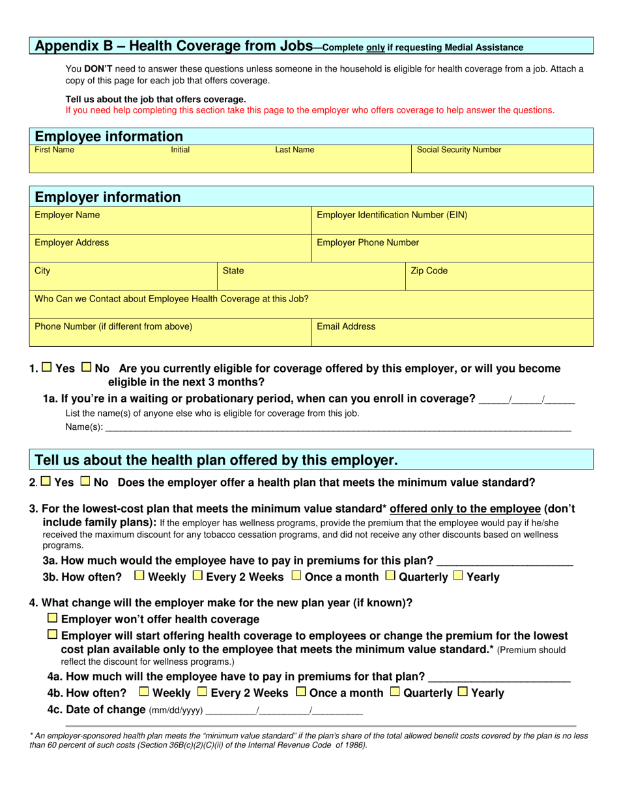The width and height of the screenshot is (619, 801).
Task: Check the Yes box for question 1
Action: [47, 367]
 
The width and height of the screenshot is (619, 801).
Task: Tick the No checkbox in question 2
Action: [85, 482]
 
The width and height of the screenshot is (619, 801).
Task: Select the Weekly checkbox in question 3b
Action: [139, 576]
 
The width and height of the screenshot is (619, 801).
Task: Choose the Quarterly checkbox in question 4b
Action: [394, 692]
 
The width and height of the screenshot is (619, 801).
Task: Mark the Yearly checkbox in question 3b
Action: [458, 576]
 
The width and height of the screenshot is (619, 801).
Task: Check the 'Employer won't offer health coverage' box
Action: [53, 618]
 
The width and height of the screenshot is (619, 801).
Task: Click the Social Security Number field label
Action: [459, 150]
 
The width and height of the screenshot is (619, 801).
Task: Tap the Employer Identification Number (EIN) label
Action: [392, 214]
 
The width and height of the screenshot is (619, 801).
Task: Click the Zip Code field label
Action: [429, 270]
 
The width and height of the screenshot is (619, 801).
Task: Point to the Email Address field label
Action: [345, 326]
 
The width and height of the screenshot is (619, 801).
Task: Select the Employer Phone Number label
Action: [367, 242]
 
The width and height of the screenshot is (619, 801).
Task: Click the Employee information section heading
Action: [109, 136]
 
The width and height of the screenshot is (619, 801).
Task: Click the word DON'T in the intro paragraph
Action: [97, 69]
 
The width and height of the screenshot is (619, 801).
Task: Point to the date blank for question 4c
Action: [283, 711]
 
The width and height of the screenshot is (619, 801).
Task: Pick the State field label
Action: [233, 270]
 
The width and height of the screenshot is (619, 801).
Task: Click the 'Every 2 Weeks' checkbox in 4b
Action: [202, 692]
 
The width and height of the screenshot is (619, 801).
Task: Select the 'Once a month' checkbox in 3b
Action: [296, 576]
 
